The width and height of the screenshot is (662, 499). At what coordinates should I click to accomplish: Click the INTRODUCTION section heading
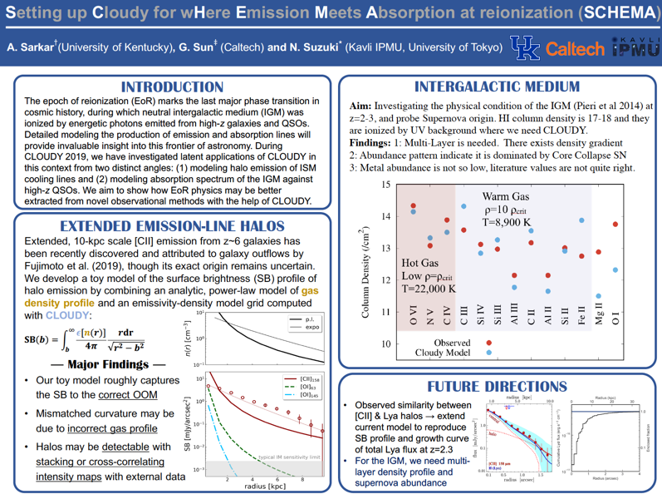[x=171, y=87]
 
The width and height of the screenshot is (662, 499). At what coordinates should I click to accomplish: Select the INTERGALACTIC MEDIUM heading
[x=497, y=86]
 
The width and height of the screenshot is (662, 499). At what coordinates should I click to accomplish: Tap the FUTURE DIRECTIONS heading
[x=498, y=387]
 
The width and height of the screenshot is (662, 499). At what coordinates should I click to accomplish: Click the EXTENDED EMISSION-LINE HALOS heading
[x=173, y=226]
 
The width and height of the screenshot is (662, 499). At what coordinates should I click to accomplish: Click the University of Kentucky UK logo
[x=524, y=48]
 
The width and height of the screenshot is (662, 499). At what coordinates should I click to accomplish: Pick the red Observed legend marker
[x=489, y=342]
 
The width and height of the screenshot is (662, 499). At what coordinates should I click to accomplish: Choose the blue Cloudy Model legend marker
[x=489, y=353]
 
